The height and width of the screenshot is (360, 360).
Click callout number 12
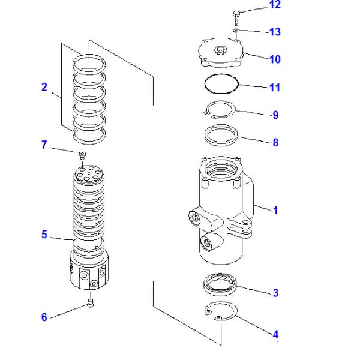pyautogui.click(x=274, y=5)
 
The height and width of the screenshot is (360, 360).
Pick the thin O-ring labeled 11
pyautogui.click(x=221, y=84)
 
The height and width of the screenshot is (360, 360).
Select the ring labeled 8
pyautogui.click(x=221, y=134)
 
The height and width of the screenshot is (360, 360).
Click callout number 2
pyautogui.click(x=44, y=87)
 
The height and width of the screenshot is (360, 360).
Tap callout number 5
pyautogui.click(x=44, y=235)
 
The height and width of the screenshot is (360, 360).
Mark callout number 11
pyautogui.click(x=274, y=88)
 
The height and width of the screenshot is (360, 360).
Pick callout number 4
pyautogui.click(x=275, y=334)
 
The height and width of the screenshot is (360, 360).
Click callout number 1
pyautogui.click(x=275, y=211)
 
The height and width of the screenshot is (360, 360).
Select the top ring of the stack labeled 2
pyautogui.click(x=88, y=61)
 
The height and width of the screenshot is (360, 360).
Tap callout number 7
pyautogui.click(x=44, y=145)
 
